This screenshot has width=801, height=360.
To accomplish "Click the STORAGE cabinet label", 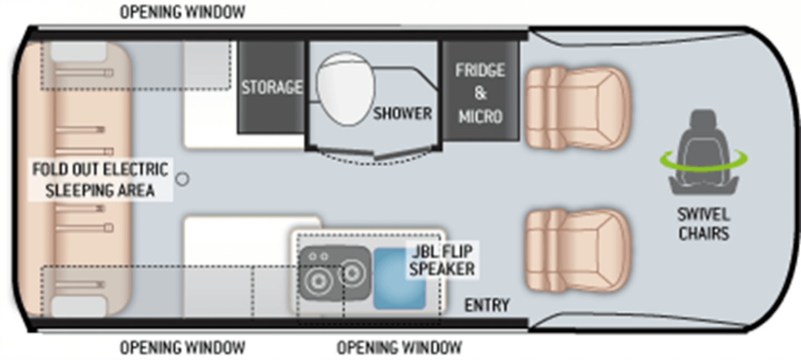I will (272, 87).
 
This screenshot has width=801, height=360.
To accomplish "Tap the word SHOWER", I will (402, 114).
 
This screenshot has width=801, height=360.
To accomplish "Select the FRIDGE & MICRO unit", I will (479, 93).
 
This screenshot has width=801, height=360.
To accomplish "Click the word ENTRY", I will (487, 305).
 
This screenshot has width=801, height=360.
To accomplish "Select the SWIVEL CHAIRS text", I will (704, 224).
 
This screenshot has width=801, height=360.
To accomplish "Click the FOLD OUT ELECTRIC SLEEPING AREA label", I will (100, 179).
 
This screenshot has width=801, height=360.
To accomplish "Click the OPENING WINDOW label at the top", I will (182, 12).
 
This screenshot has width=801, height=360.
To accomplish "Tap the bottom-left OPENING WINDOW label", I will (182, 348).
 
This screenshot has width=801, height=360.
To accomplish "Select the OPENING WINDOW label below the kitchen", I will (399, 348).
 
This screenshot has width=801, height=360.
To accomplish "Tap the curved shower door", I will (374, 156).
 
